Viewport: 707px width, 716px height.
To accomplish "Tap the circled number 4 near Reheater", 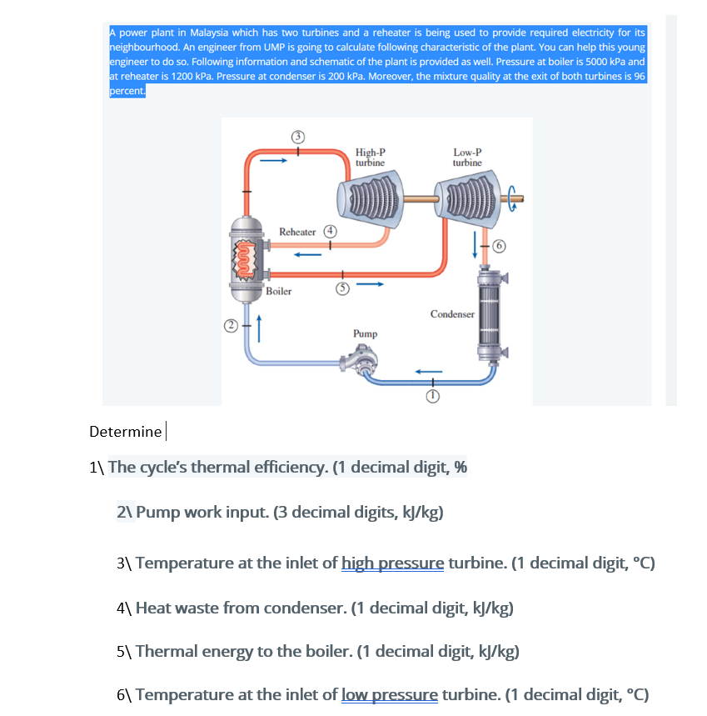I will tap(331, 230).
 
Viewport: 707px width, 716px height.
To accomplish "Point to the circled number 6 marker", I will tap(498, 246).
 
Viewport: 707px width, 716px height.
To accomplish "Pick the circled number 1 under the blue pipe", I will tap(432, 398).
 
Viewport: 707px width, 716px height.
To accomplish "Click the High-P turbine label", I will tap(370, 158).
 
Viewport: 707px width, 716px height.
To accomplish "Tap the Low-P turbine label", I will tap(467, 158).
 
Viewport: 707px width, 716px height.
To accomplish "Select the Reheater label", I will tap(297, 231).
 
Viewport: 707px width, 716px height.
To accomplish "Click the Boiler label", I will tap(279, 292).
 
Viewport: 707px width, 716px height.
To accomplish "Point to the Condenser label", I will tap(452, 314).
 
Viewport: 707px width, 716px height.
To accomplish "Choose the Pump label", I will tap(365, 333).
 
